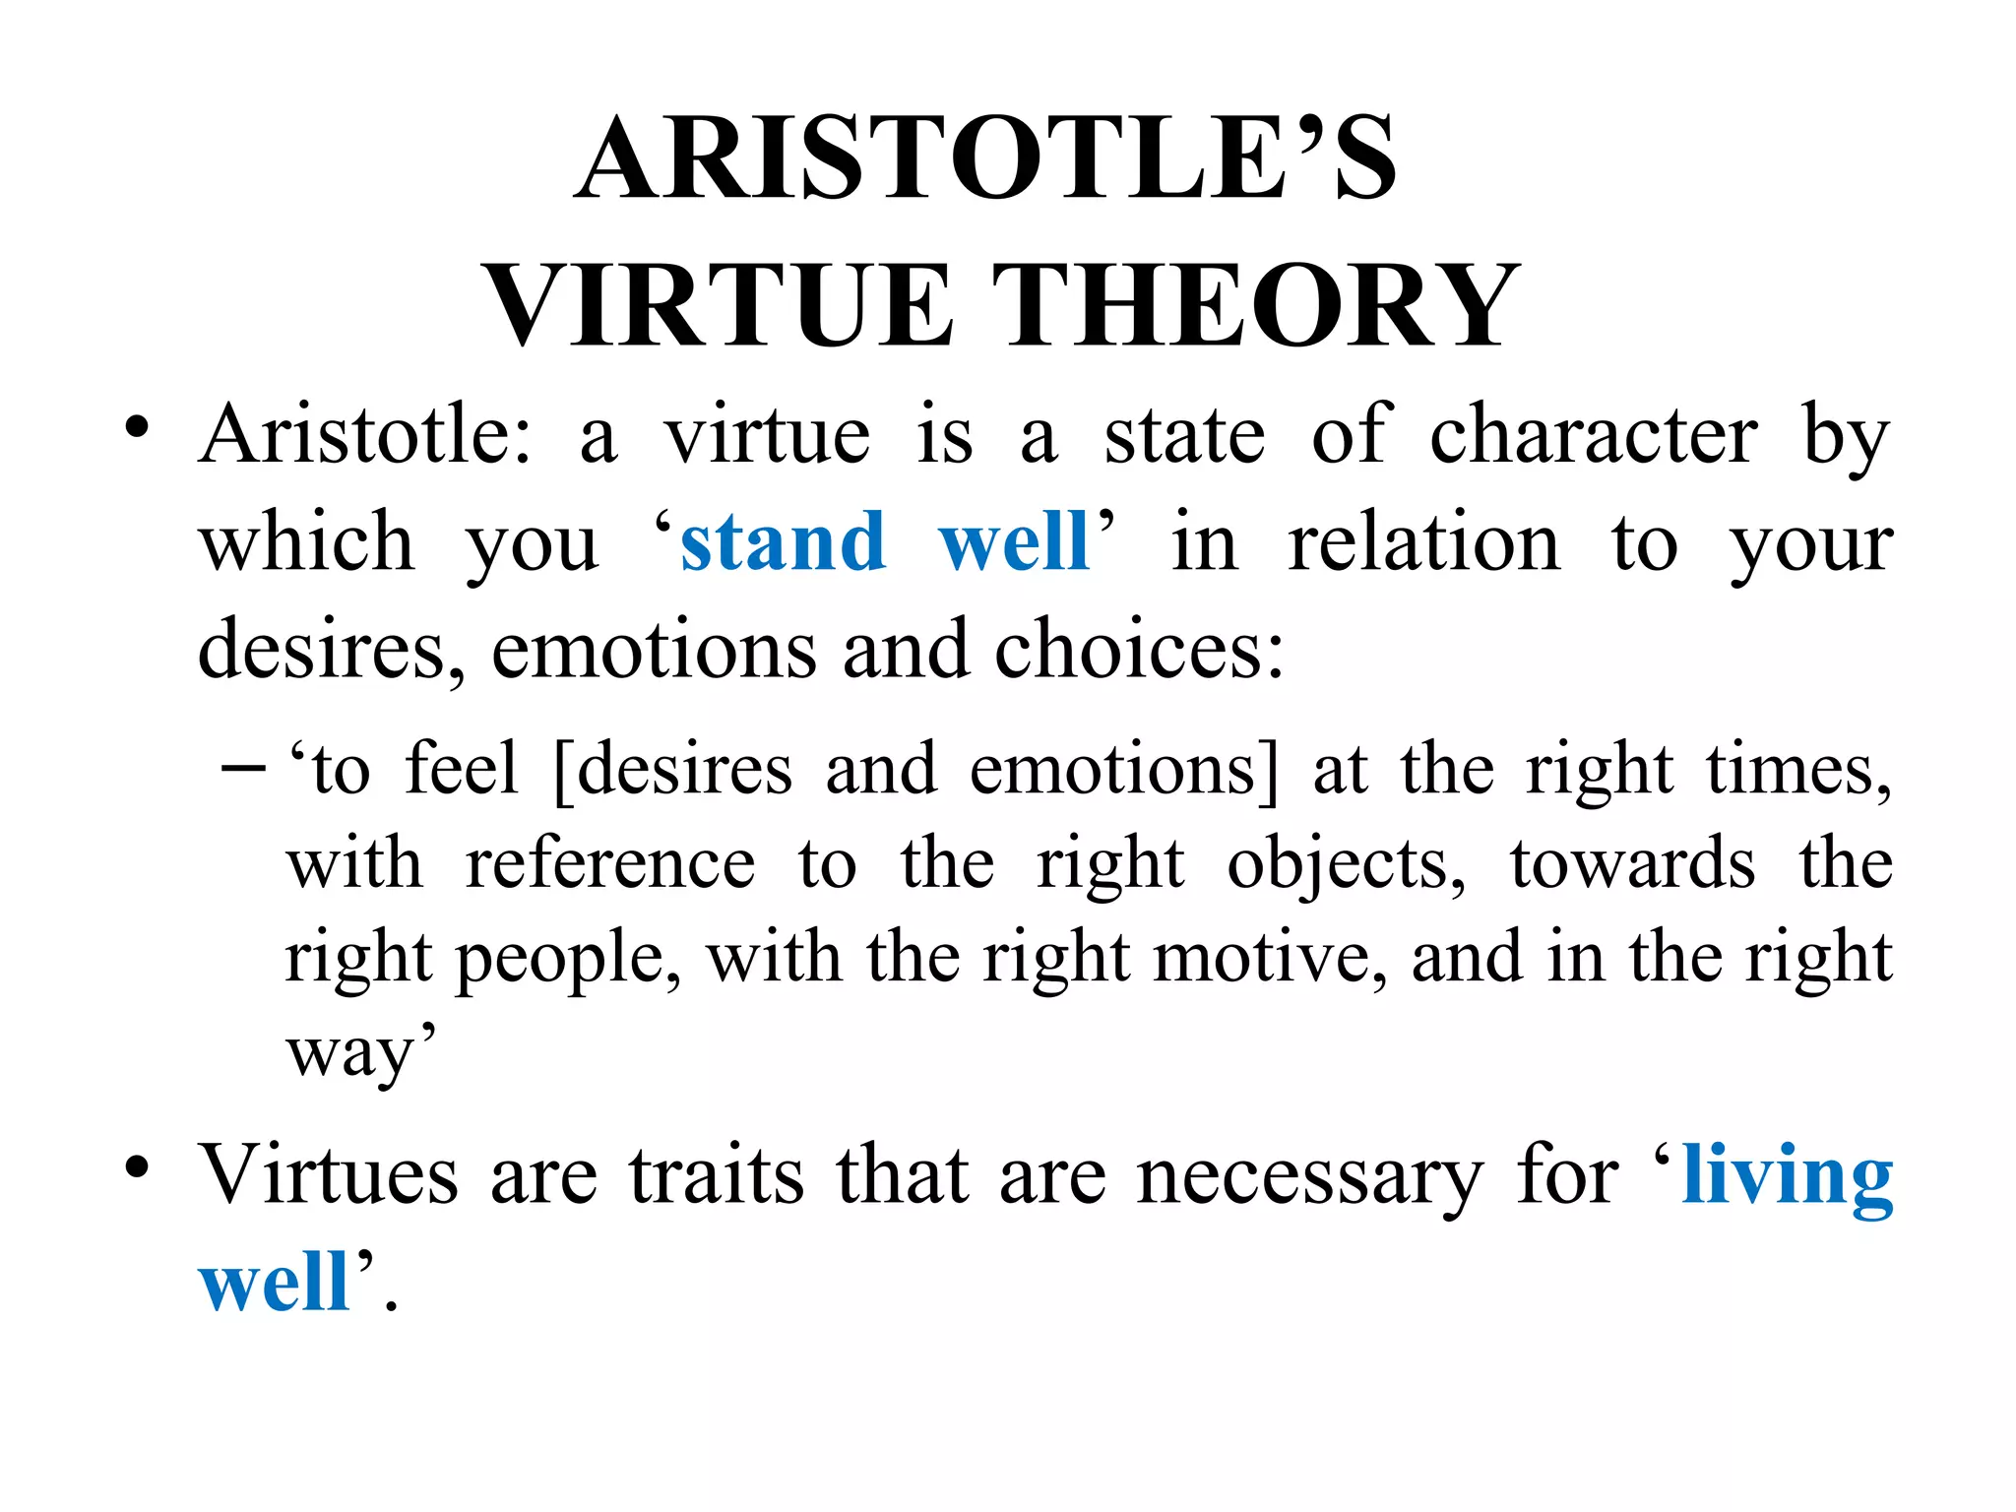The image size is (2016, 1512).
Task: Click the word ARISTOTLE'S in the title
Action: point(985,157)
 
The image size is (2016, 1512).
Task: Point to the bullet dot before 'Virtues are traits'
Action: point(137,1168)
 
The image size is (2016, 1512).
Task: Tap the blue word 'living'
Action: point(1787,1176)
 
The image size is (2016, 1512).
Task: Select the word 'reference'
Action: point(610,864)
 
